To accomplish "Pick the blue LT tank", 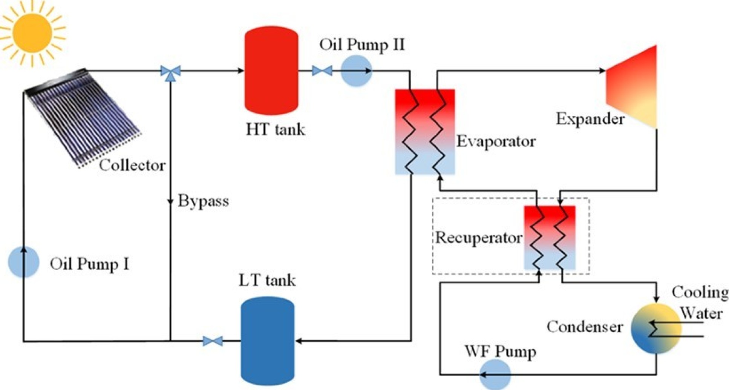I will point(268,341).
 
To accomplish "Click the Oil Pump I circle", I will point(24,262).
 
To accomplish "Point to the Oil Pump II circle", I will point(356,71).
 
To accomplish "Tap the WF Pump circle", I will point(495,374).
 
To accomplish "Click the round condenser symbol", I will point(656,328).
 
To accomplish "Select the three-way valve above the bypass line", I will point(170,72).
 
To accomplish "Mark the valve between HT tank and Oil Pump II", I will point(322,71).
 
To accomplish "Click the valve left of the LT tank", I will point(213,341).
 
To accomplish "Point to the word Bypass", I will point(203,201).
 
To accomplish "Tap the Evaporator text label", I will point(496,141).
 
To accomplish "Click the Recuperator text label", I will point(478,238).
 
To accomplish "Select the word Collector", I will point(132,165).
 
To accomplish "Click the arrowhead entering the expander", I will point(602,71).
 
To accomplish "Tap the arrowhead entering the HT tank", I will point(240,71).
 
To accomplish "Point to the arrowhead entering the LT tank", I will point(299,341).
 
